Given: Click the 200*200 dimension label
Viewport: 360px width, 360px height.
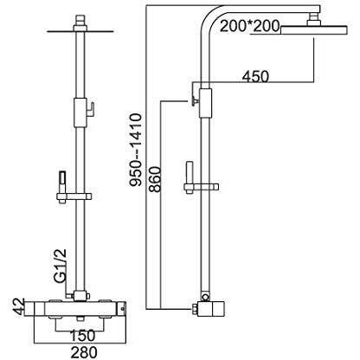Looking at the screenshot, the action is point(249,26).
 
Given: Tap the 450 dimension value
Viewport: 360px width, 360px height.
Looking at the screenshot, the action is point(255,77).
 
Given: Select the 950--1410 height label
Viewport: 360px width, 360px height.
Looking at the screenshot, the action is point(135,150).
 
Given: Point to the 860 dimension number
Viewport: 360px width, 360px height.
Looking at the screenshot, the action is point(155,179).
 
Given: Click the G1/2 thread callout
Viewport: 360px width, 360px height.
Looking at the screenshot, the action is point(60,265).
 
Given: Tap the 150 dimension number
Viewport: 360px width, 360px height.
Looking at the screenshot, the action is point(81,335).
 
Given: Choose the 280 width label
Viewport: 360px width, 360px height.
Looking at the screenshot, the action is point(83,352).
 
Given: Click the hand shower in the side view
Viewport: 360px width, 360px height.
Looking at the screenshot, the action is point(190,177).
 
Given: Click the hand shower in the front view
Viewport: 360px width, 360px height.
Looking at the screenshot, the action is point(62,187).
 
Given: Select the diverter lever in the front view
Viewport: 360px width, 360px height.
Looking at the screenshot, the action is point(91,110).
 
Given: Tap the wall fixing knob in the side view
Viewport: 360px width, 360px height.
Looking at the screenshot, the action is point(194,100).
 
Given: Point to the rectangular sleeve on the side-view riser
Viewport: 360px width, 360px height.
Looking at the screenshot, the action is point(205,103).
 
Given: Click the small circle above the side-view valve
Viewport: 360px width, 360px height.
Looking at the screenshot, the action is point(205,297).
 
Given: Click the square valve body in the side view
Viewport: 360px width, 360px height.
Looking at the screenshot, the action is point(211,308).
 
